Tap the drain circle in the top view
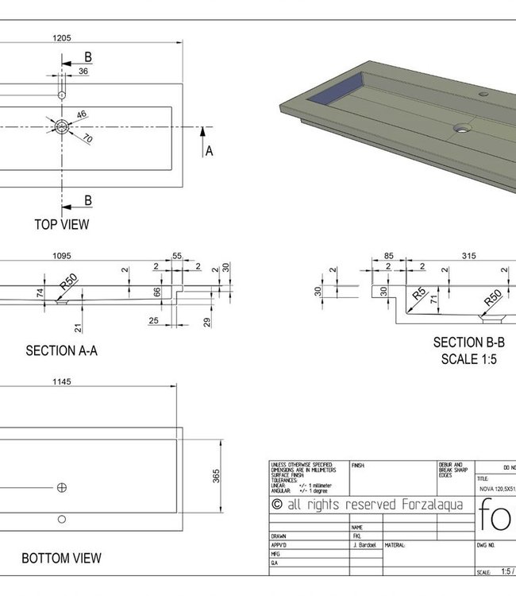click(62, 127)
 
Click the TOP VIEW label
click(61, 224)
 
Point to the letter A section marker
click(210, 150)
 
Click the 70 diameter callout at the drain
click(87, 140)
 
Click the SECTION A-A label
click(62, 350)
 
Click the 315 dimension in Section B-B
click(468, 256)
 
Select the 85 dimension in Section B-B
click(389, 256)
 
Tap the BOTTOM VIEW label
click(61, 559)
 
